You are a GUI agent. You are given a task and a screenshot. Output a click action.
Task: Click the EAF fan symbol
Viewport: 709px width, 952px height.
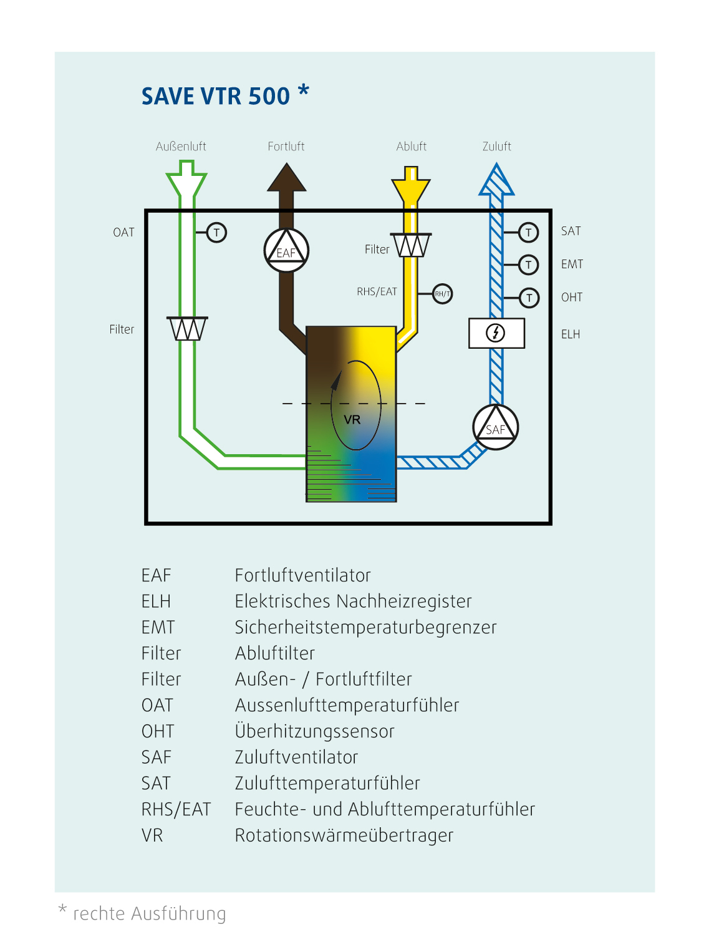tap(286, 250)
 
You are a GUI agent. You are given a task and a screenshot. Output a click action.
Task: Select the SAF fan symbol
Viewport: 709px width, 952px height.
tap(496, 427)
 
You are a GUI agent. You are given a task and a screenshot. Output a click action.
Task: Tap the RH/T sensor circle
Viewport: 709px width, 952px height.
tap(442, 293)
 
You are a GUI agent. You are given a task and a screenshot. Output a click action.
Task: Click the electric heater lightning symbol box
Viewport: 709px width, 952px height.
tap(496, 333)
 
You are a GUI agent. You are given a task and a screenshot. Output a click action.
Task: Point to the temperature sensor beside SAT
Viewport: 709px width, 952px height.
tap(528, 232)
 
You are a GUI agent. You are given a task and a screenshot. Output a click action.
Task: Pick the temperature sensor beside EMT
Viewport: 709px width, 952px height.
tap(528, 265)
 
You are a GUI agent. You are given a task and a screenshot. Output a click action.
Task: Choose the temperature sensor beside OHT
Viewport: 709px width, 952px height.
tap(529, 298)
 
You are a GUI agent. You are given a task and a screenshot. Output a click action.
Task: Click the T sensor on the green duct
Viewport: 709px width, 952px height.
tap(216, 233)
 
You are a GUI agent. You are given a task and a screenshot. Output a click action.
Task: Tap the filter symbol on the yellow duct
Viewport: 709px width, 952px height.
tap(410, 245)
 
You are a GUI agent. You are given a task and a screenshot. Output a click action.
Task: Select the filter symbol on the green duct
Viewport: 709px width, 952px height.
tap(187, 329)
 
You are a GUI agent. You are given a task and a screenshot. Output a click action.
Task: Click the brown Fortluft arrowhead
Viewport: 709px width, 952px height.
tap(287, 178)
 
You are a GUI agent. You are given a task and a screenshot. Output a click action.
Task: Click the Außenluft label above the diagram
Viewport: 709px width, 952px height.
tap(181, 147)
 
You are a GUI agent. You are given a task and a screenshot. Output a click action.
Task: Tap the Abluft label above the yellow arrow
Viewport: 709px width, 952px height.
tap(412, 147)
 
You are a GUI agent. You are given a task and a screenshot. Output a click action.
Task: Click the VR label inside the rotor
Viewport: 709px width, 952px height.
tap(352, 420)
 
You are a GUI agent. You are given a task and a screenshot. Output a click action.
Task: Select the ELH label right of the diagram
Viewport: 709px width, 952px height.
tap(571, 334)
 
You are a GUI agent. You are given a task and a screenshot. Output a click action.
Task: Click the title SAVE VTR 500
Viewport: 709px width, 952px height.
tap(216, 97)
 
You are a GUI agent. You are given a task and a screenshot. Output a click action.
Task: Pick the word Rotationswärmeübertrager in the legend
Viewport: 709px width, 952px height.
tap(344, 835)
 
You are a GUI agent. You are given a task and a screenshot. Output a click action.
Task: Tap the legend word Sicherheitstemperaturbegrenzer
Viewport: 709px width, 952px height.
tap(365, 627)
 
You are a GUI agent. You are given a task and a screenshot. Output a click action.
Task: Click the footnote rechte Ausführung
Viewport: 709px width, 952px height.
tap(150, 913)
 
